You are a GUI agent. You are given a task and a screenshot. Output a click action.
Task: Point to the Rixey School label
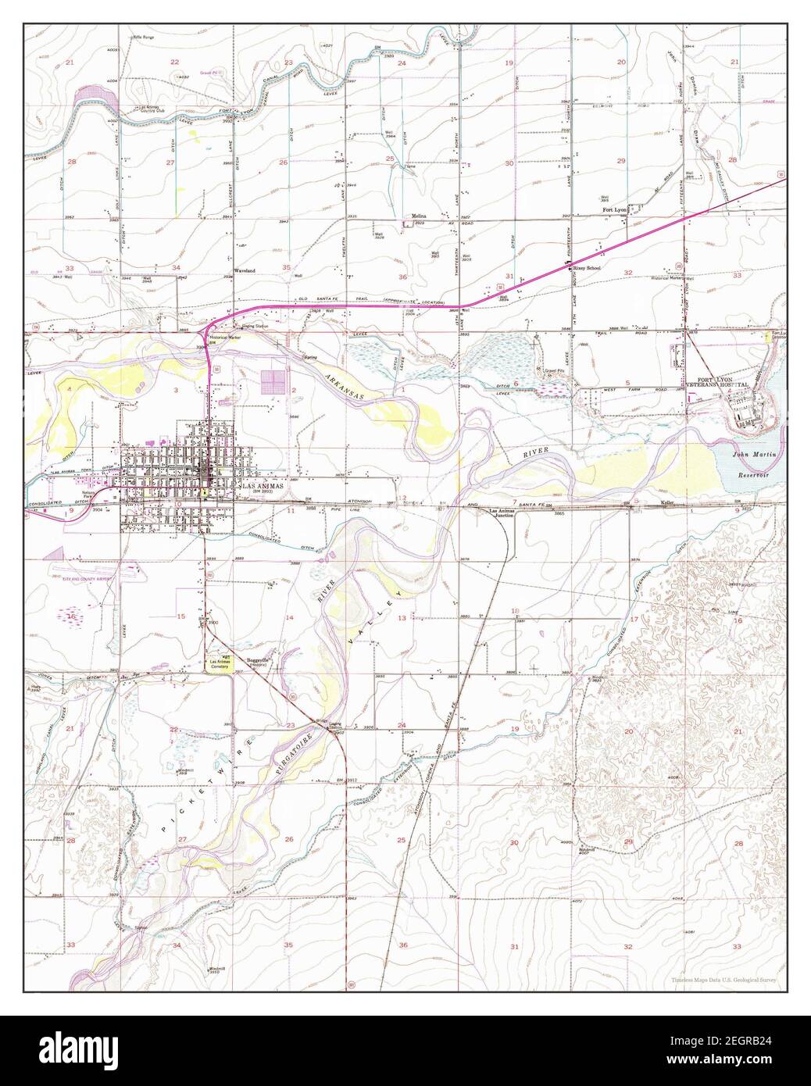pos(585,267)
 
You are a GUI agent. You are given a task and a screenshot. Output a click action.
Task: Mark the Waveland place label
pos(245,271)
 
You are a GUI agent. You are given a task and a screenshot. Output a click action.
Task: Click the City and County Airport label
pos(82,579)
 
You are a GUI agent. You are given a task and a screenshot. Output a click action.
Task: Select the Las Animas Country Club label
pos(153,109)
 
